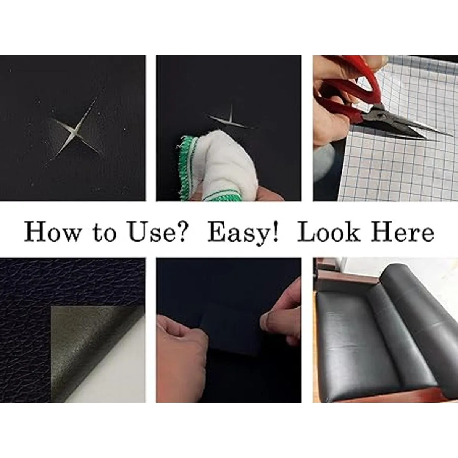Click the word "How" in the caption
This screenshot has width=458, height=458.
coord(53,231)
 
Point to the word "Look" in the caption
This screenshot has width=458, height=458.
coord(328,231)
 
